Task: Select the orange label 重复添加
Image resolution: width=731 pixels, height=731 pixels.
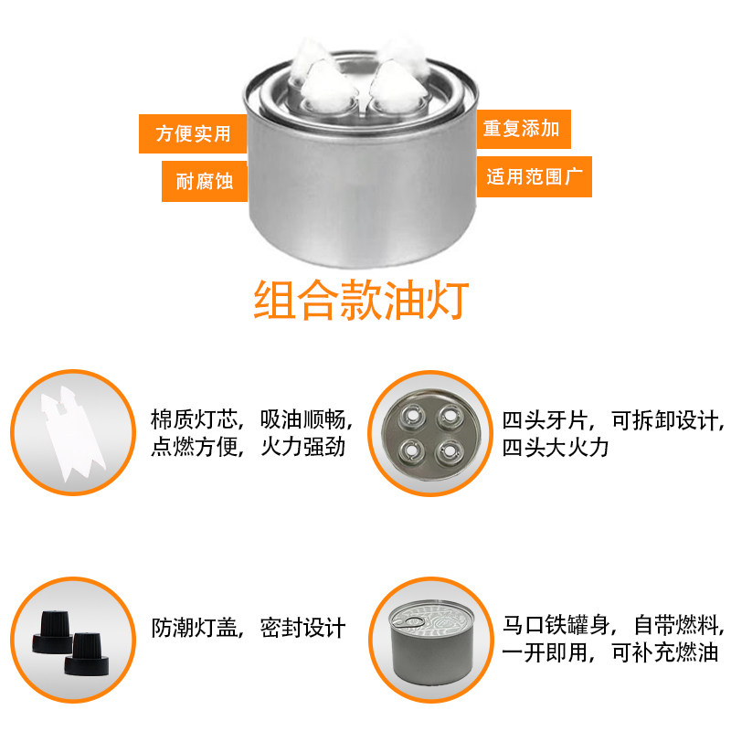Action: [x=521, y=129]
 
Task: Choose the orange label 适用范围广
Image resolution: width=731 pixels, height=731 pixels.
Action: [x=534, y=176]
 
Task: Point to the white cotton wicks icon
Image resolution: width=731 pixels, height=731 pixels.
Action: [x=68, y=431]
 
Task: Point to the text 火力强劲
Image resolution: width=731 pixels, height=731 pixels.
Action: [x=302, y=449]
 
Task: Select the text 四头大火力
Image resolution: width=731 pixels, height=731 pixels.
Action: [x=555, y=449]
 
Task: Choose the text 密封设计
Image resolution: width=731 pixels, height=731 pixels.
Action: [x=302, y=628]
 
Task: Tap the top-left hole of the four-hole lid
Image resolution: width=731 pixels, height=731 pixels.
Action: [x=412, y=416]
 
